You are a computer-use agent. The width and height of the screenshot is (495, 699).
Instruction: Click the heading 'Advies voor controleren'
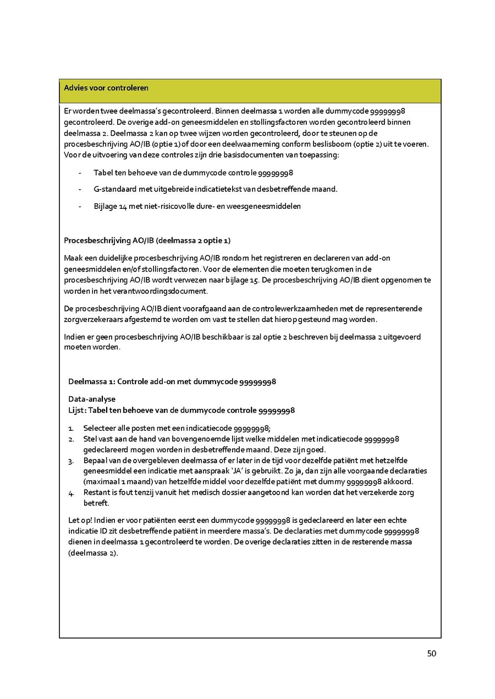pos(106,88)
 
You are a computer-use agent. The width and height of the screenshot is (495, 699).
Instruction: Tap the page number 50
pos(431,653)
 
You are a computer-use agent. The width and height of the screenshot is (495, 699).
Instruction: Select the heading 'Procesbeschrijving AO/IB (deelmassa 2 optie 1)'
pos(147,241)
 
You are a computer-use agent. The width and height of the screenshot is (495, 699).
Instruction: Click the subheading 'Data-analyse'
pos(92,399)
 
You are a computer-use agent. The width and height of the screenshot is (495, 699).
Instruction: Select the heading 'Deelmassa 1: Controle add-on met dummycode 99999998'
pos(172,381)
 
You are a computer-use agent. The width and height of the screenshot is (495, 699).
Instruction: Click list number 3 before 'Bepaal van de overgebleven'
pos(70,461)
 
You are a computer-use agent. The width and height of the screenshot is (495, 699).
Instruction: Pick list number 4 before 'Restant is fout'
pos(70,492)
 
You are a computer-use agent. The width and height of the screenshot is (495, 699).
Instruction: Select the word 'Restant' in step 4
pos(97,492)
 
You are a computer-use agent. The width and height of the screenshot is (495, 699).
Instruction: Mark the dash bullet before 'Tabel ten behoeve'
pos(80,173)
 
